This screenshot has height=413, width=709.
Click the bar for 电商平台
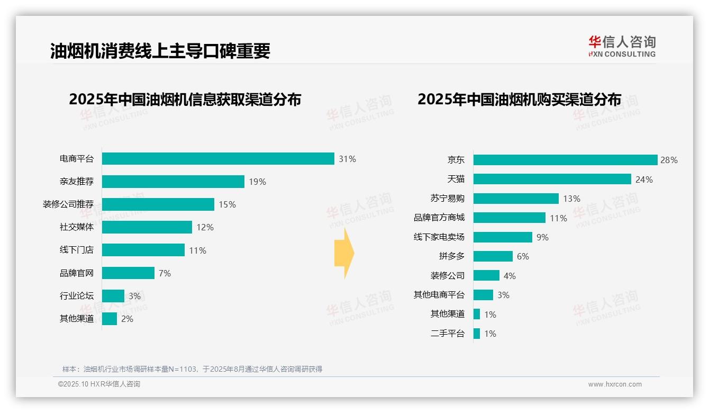pyautogui.click(x=218, y=159)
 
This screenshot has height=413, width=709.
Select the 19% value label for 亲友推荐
pyautogui.click(x=257, y=182)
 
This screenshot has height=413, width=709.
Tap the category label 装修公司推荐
pyautogui.click(x=68, y=204)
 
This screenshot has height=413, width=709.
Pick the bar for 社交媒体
pyautogui.click(x=147, y=227)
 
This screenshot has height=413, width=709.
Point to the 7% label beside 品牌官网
pyautogui.click(x=165, y=273)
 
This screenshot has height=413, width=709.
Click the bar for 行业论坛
pyautogui.click(x=113, y=296)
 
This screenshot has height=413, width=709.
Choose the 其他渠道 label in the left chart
pyautogui.click(x=77, y=319)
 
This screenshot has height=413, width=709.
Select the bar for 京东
pyautogui.click(x=565, y=160)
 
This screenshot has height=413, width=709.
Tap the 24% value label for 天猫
pyautogui.click(x=644, y=179)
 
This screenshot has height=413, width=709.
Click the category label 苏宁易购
pyautogui.click(x=448, y=199)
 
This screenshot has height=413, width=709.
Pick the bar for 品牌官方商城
pyautogui.click(x=509, y=218)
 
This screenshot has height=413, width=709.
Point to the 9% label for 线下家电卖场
pyautogui.click(x=542, y=237)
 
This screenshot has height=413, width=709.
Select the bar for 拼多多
pyautogui.click(x=493, y=256)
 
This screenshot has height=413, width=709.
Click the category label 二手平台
pyautogui.click(x=448, y=334)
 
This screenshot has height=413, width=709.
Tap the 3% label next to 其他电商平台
pyautogui.click(x=503, y=295)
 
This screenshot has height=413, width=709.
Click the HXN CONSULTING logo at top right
pyautogui.click(x=622, y=47)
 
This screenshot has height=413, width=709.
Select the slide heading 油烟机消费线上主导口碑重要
pyautogui.click(x=160, y=51)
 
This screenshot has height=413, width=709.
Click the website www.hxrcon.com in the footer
pyautogui.click(x=615, y=384)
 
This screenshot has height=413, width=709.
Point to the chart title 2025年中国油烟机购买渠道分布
pyautogui.click(x=519, y=100)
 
